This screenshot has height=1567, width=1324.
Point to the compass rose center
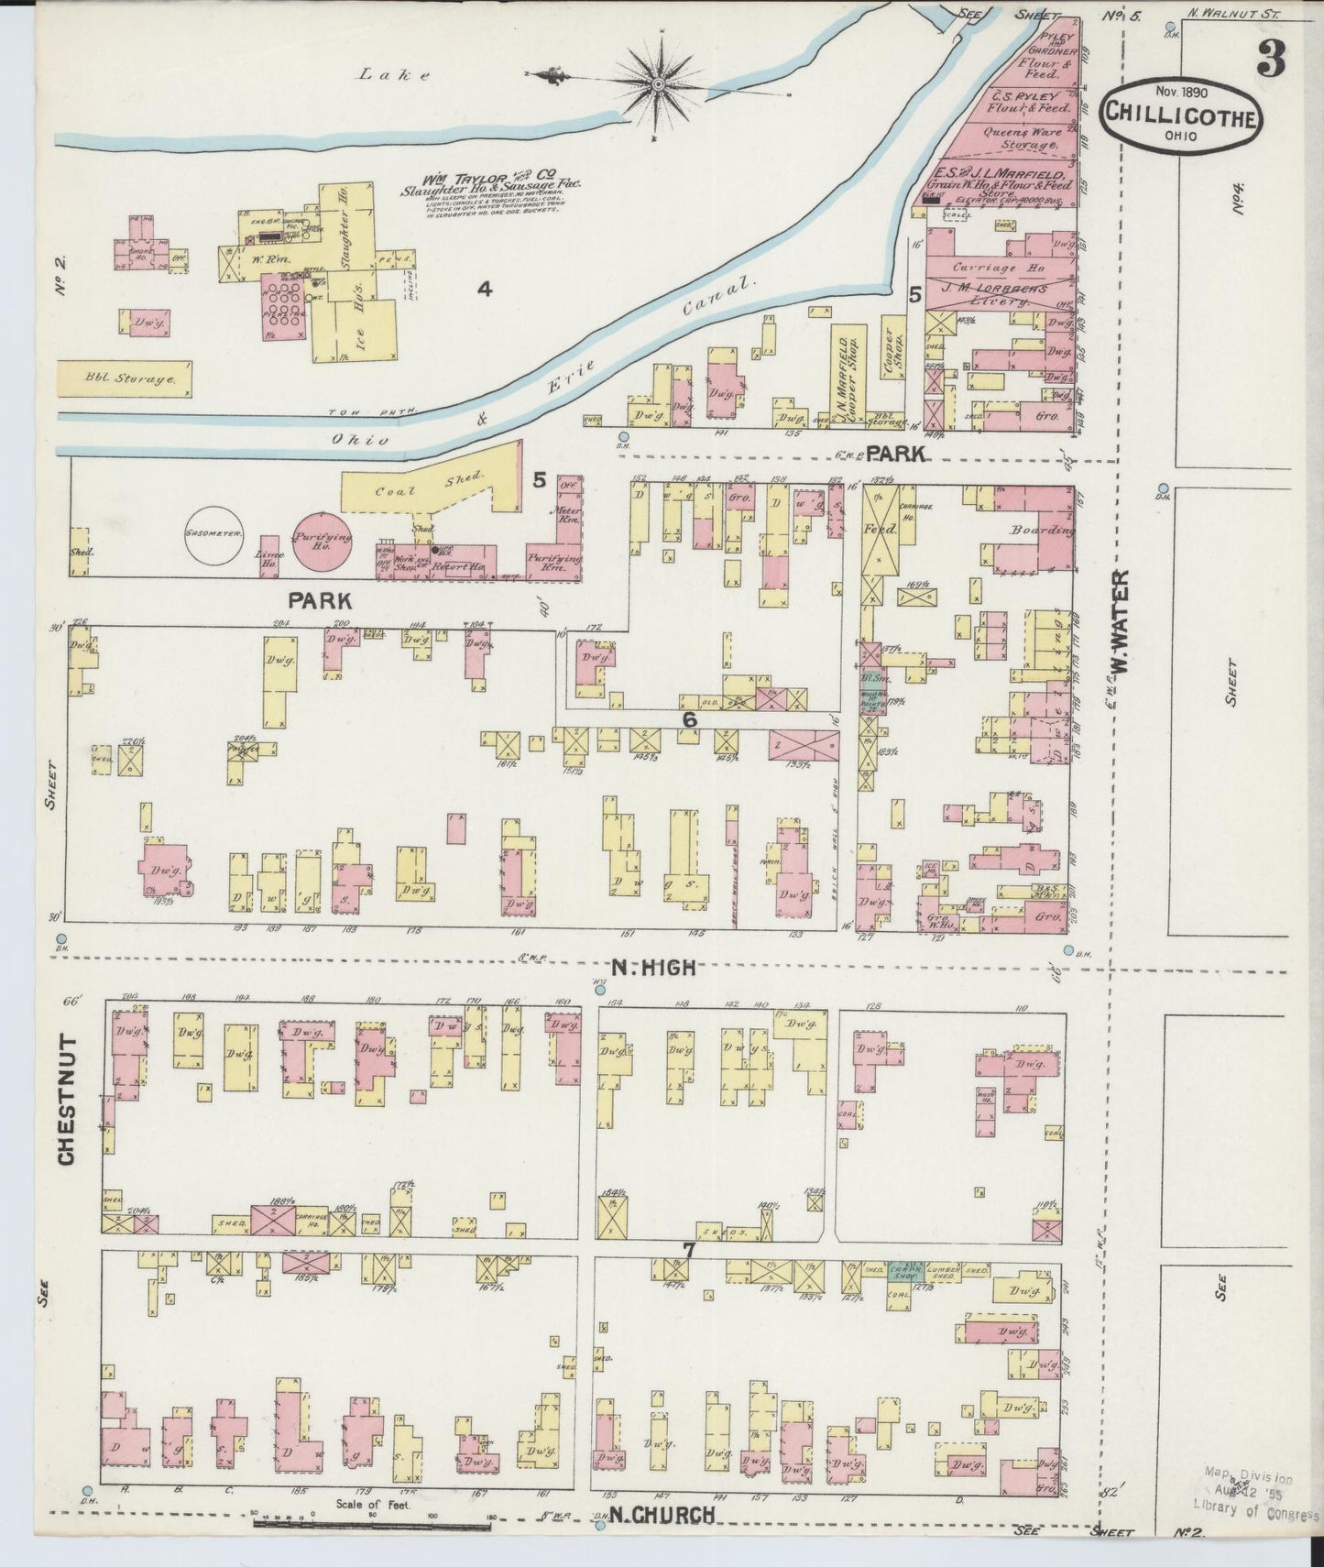click(x=659, y=83)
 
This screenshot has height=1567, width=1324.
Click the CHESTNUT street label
click(x=66, y=1100)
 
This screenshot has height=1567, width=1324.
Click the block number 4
click(x=484, y=290)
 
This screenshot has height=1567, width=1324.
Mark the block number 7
click(x=689, y=1250)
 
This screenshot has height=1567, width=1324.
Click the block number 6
click(x=689, y=720)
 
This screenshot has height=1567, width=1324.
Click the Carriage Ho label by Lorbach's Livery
click(x=985, y=268)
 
